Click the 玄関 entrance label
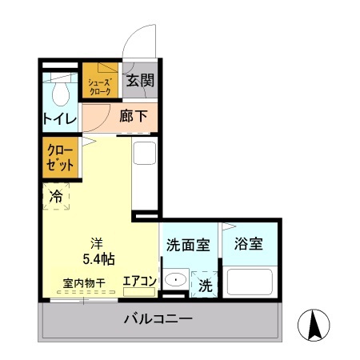click(x=139, y=82)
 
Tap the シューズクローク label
click(x=99, y=86)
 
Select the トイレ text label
click(x=60, y=119)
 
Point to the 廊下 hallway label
click(x=134, y=116)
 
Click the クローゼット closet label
click(x=60, y=157)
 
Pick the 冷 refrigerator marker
click(x=56, y=195)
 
